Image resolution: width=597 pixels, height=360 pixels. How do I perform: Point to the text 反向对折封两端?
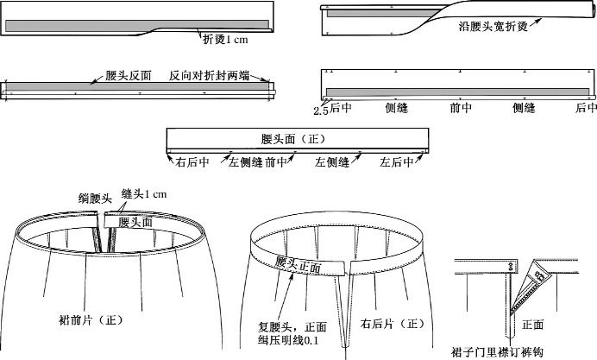(209, 76)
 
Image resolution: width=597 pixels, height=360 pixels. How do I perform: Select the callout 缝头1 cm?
(142, 194)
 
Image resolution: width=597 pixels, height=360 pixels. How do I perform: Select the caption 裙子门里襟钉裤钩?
(498, 351)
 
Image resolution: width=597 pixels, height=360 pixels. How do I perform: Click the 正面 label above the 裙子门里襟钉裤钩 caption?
(533, 325)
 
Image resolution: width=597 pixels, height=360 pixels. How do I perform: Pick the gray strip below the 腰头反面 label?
(138, 87)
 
